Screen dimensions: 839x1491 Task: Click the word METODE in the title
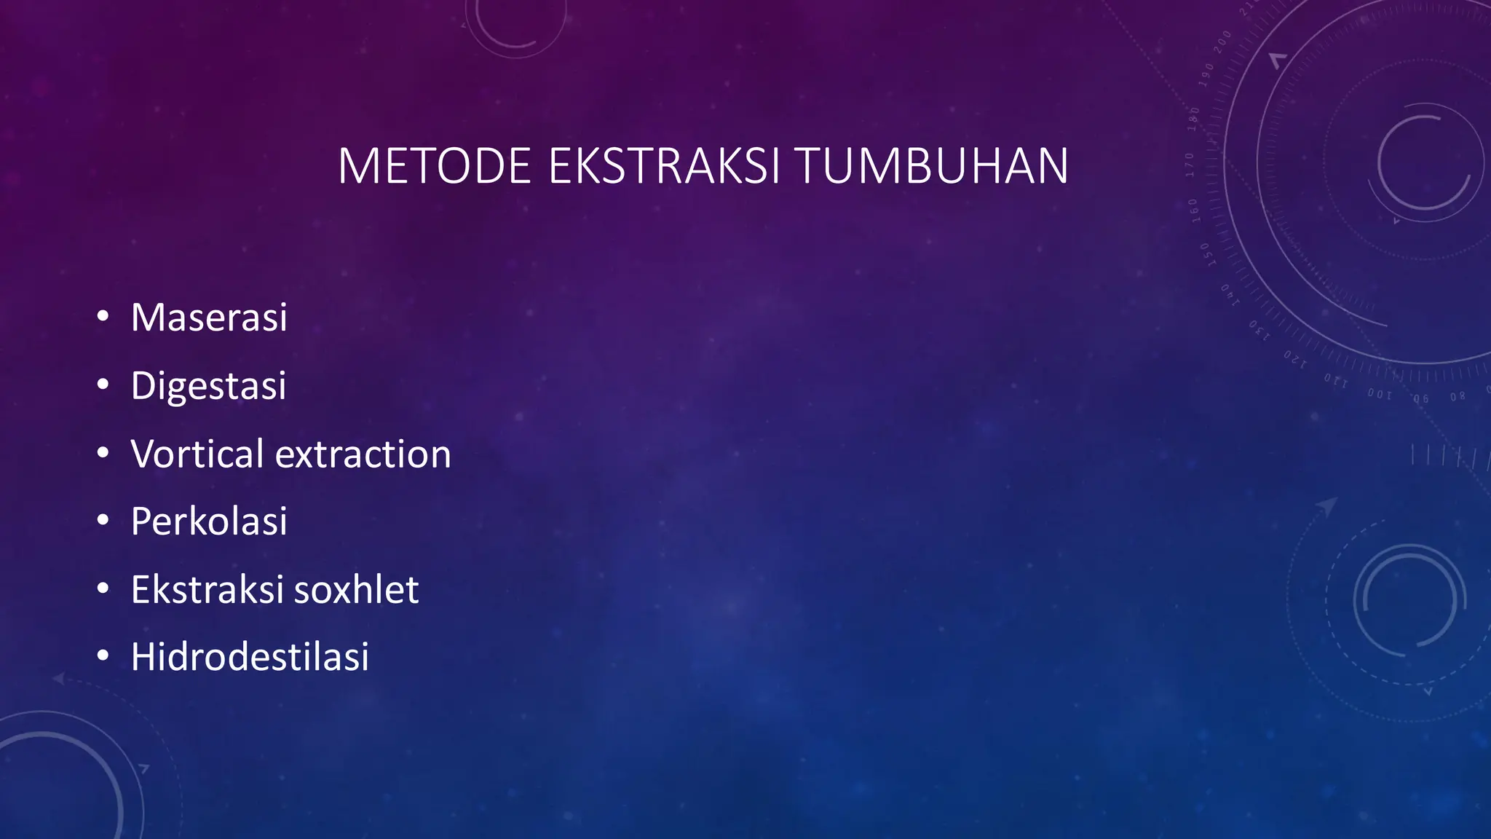435,167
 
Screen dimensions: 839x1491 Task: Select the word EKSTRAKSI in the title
663,167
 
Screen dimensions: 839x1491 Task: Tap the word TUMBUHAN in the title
932,167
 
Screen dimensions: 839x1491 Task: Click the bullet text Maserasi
209,318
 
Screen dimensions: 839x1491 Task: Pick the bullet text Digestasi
208,386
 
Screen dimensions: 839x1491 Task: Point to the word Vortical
197,454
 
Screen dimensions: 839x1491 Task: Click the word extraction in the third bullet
363,454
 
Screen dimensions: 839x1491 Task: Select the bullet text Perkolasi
209,521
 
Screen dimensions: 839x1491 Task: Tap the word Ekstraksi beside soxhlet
207,589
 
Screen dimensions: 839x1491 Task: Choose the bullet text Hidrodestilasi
250,657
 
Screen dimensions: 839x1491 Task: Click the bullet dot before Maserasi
103,316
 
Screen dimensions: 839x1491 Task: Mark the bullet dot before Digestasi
103,384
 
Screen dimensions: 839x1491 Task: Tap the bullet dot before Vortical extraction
103,452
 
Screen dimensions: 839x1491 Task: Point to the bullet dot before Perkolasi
103,520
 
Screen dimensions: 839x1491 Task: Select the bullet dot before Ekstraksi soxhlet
103,588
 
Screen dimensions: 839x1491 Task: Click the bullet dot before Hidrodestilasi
103,655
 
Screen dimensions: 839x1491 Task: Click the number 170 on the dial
1190,165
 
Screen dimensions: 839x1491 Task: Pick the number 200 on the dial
1222,42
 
